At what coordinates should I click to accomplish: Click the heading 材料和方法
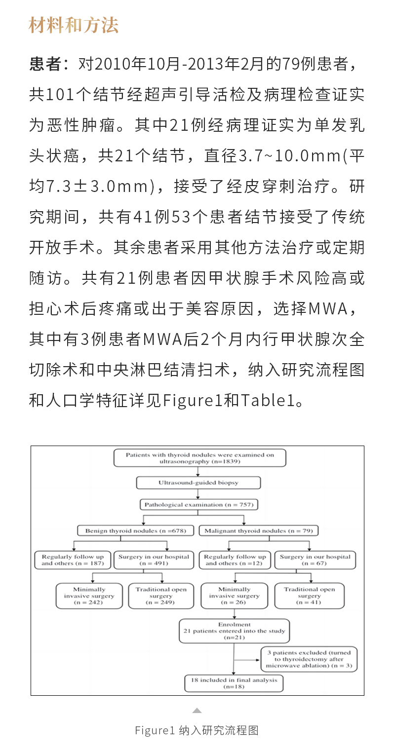point(74,25)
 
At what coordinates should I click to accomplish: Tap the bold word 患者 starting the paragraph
point(46,64)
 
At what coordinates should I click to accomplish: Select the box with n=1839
point(199,458)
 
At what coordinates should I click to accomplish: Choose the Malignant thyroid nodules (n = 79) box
point(259,531)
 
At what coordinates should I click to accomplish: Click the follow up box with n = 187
point(73,560)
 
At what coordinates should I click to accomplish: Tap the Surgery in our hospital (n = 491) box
point(154,560)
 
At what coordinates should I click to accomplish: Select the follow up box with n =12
point(235,560)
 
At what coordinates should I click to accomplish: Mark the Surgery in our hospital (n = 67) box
point(315,560)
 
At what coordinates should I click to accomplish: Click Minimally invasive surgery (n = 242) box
point(89,596)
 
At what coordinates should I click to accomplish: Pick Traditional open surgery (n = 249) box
point(161,596)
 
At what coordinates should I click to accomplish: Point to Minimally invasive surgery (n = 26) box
point(234,596)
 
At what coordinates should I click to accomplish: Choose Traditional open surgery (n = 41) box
point(309,596)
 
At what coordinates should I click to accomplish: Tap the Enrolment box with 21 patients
point(234,631)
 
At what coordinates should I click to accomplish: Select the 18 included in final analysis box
point(234,683)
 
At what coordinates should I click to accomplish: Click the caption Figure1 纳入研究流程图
point(197,730)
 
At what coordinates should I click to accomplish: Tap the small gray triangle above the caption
point(197,711)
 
